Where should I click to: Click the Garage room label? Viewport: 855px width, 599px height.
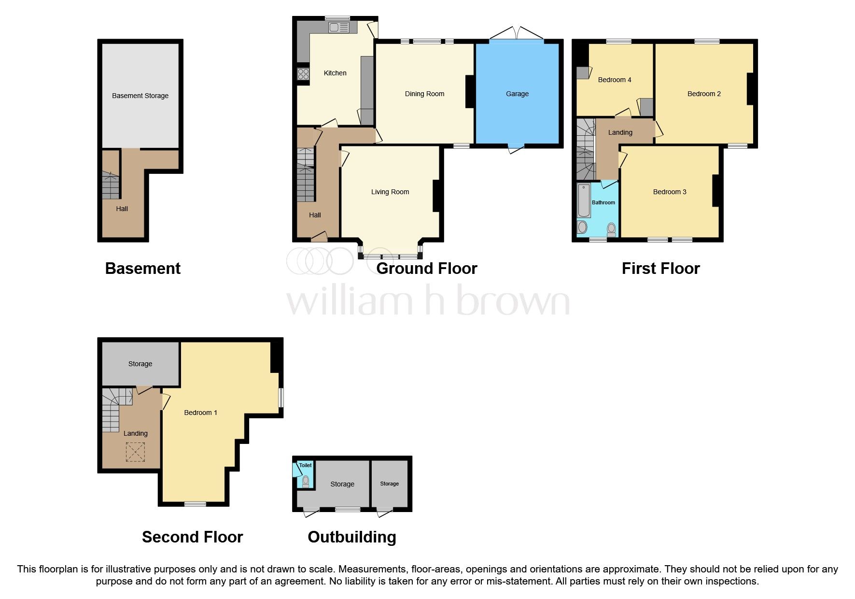pyautogui.click(x=517, y=94)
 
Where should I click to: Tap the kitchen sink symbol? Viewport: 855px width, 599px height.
pyautogui.click(x=338, y=28)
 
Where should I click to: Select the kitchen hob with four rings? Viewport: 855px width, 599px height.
pyautogui.click(x=303, y=74)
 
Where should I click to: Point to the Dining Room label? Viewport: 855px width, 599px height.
pyautogui.click(x=424, y=94)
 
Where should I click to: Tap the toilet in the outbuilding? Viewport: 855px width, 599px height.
pyautogui.click(x=305, y=481)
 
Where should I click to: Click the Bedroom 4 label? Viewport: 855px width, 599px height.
pyautogui.click(x=614, y=80)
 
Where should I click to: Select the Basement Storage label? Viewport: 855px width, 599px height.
pyautogui.click(x=140, y=96)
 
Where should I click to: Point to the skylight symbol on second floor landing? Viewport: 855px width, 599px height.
pyautogui.click(x=135, y=452)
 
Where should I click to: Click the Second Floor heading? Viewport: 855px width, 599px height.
pyautogui.click(x=192, y=537)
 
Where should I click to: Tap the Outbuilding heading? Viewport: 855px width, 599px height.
pyautogui.click(x=351, y=537)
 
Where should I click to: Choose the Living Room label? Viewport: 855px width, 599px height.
pyautogui.click(x=390, y=192)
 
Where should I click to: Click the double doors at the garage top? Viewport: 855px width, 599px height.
pyautogui.click(x=517, y=34)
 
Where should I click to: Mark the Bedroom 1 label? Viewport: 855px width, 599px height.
pyautogui.click(x=200, y=413)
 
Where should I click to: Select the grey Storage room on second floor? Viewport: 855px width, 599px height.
pyautogui.click(x=140, y=364)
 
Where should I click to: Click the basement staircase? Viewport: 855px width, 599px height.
pyautogui.click(x=111, y=186)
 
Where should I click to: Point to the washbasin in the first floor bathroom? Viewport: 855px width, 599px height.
pyautogui.click(x=582, y=227)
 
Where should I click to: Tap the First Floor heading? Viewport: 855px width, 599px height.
pyautogui.click(x=660, y=269)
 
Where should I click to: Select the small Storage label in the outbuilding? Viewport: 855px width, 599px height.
pyautogui.click(x=389, y=484)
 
